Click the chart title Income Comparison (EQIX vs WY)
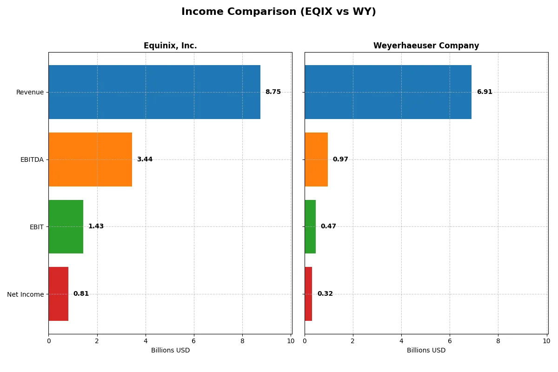(279, 12)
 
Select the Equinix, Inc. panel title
(170, 46)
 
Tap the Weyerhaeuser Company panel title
(426, 46)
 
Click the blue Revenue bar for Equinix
(154, 92)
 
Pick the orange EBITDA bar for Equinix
(90, 159)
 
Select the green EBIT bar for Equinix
(66, 226)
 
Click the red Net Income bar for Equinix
(59, 294)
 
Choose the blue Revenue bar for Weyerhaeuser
(388, 92)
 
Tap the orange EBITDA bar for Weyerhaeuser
(316, 159)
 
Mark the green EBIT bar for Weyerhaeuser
(310, 226)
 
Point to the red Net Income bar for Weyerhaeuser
(308, 294)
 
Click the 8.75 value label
(273, 92)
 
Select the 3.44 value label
(145, 159)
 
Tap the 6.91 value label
(485, 92)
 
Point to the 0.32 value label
(325, 294)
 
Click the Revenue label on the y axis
(30, 92)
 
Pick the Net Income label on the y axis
(26, 294)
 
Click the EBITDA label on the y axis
(32, 159)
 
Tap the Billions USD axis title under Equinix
(170, 350)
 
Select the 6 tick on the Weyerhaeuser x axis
(450, 341)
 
